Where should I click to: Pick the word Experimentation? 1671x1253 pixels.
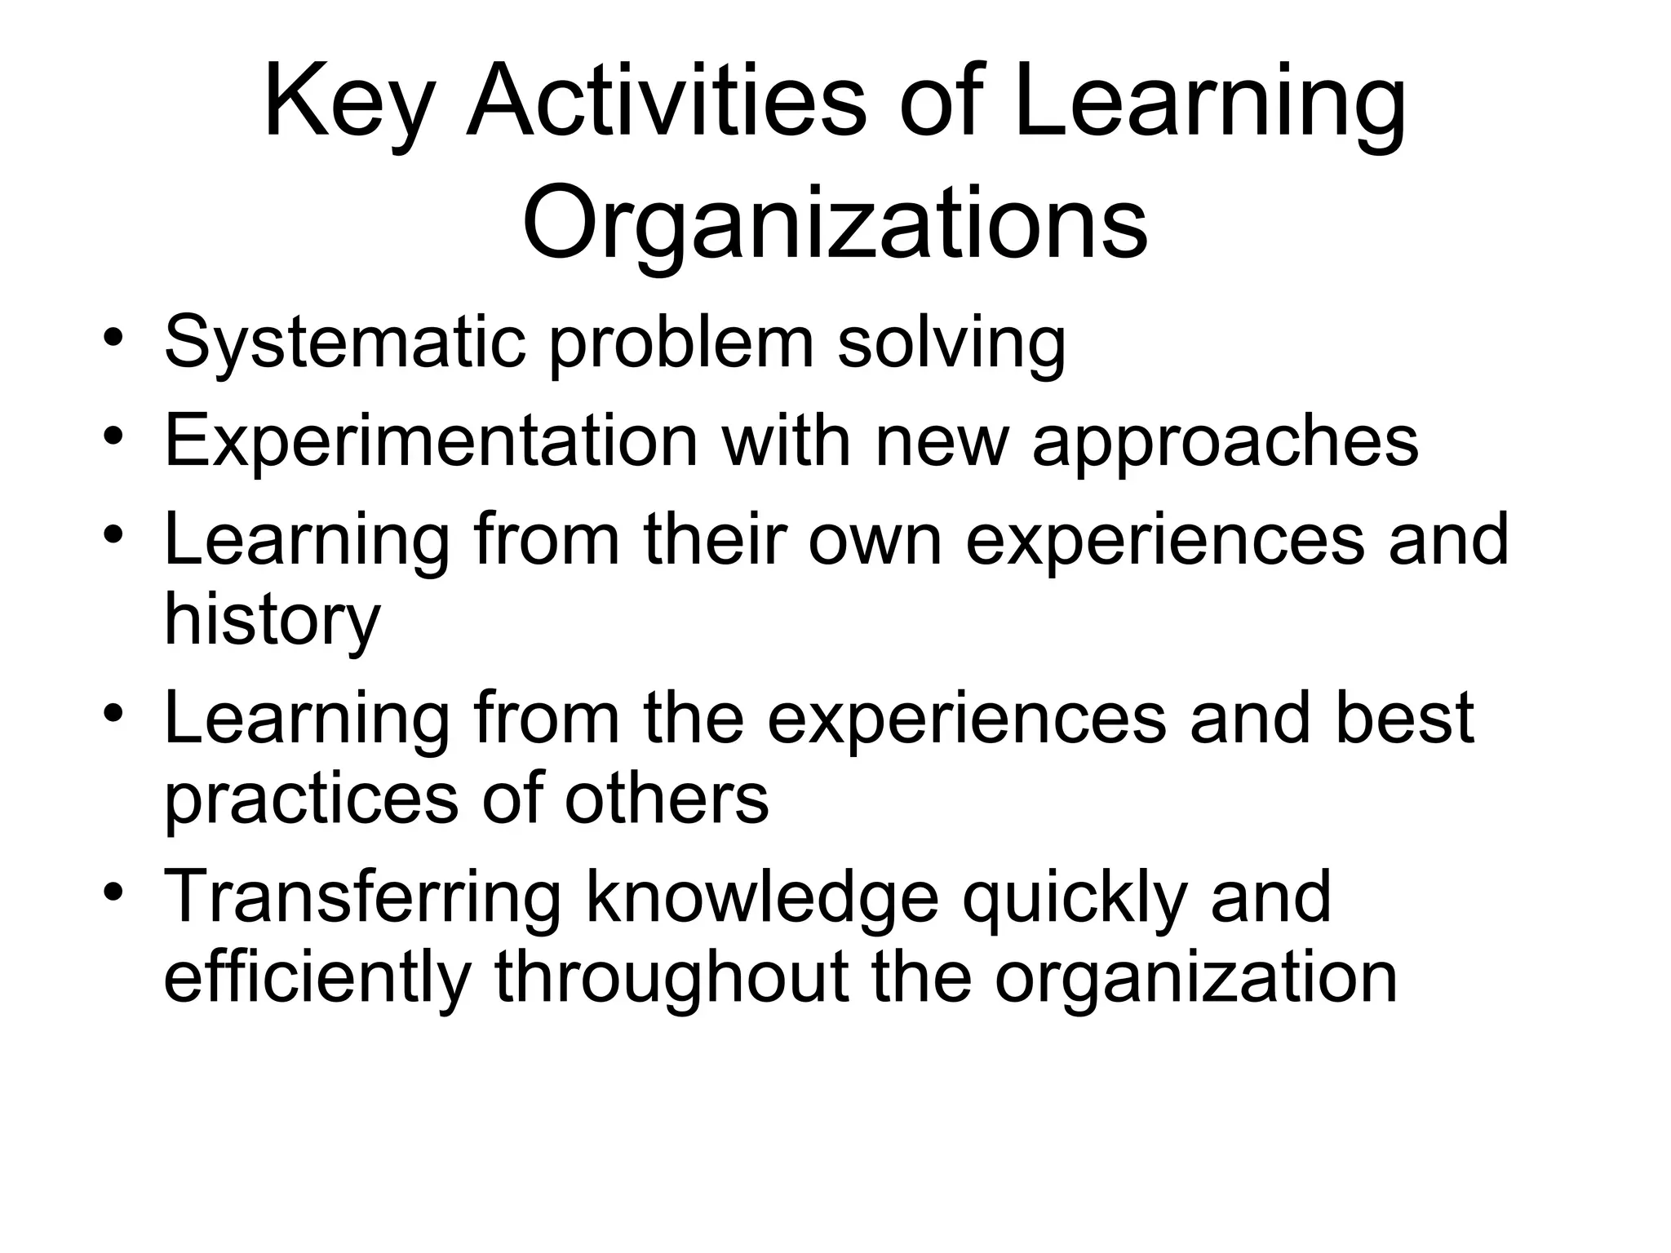[x=431, y=441]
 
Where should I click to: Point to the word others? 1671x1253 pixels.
[x=667, y=799]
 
